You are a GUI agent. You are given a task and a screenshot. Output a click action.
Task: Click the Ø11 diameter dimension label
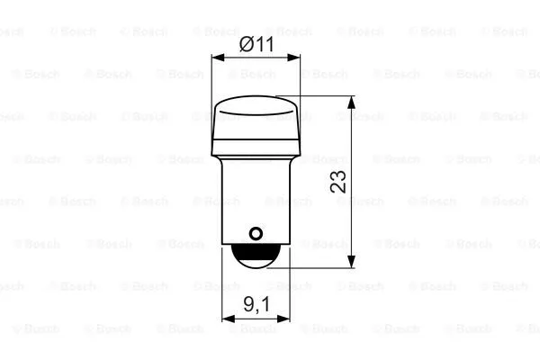[x=256, y=42]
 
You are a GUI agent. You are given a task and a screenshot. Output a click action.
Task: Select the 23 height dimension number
[x=338, y=182]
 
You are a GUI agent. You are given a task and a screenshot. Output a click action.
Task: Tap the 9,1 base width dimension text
[x=256, y=305]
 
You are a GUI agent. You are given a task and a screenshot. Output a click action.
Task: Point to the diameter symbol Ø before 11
[x=246, y=42]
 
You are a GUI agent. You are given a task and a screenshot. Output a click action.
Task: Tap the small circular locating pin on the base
[x=256, y=235]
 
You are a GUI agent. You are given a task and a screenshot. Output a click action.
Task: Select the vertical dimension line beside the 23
[x=351, y=216]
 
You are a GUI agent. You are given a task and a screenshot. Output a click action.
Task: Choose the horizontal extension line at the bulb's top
[x=324, y=96]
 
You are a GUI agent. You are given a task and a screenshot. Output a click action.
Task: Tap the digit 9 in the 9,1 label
[x=247, y=305]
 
